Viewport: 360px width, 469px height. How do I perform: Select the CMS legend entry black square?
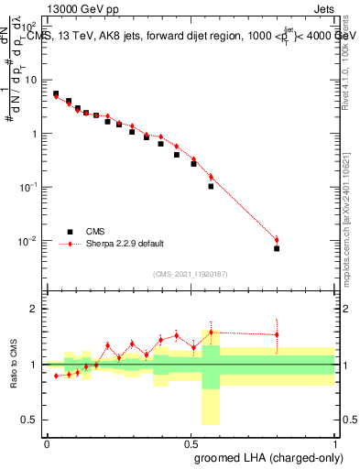pyautogui.click(x=67, y=232)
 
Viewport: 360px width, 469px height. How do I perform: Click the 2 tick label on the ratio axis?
pyautogui.click(x=35, y=309)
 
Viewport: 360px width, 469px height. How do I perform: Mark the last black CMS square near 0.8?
pyautogui.click(x=277, y=248)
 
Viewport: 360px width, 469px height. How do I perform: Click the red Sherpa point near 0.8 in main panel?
pyautogui.click(x=277, y=240)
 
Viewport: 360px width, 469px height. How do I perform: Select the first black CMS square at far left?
pyautogui.click(x=56, y=93)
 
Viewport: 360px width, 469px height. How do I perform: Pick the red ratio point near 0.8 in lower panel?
pyautogui.click(x=277, y=334)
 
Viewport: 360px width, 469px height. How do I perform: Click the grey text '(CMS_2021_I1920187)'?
pyautogui.click(x=190, y=273)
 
